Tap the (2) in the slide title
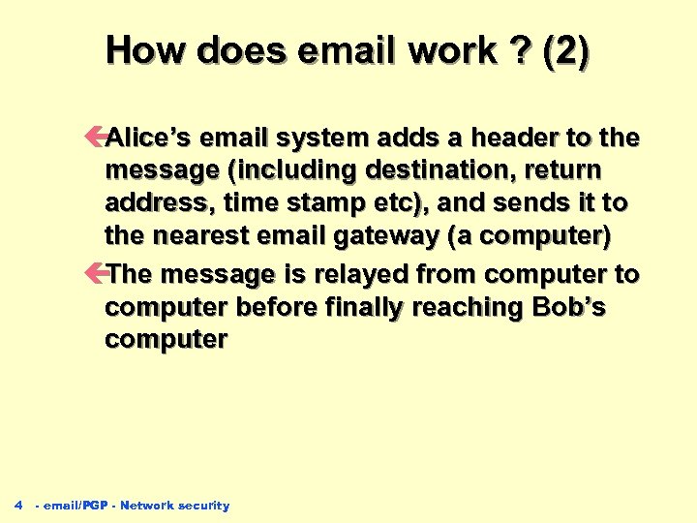point(564,51)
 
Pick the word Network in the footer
point(146,506)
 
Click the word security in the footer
point(205,506)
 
